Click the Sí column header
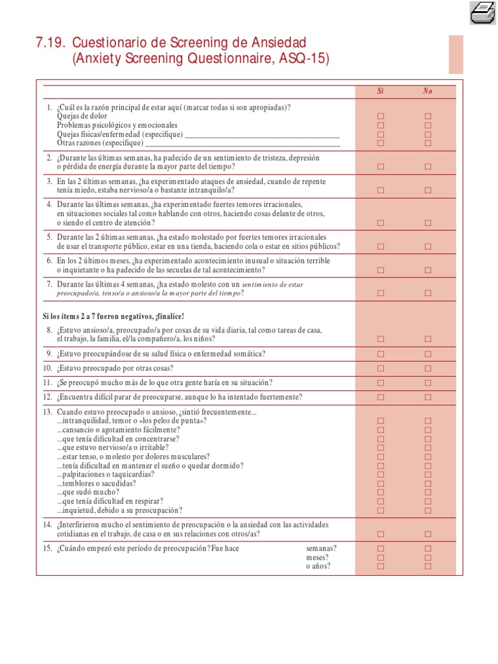coord(381,91)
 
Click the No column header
coord(428,91)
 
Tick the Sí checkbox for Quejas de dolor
coord(381,117)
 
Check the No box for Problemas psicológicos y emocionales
coord(428,125)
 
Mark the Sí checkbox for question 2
coord(381,167)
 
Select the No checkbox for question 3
coord(428,191)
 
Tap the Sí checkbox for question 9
coord(381,354)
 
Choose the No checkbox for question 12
coord(428,397)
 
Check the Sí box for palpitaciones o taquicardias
coord(381,475)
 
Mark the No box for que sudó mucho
coord(428,492)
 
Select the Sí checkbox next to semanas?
coord(381,549)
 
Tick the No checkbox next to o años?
coord(428,566)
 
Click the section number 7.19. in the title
coord(51,43)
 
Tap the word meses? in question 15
coord(317,557)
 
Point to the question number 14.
coord(47,524)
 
